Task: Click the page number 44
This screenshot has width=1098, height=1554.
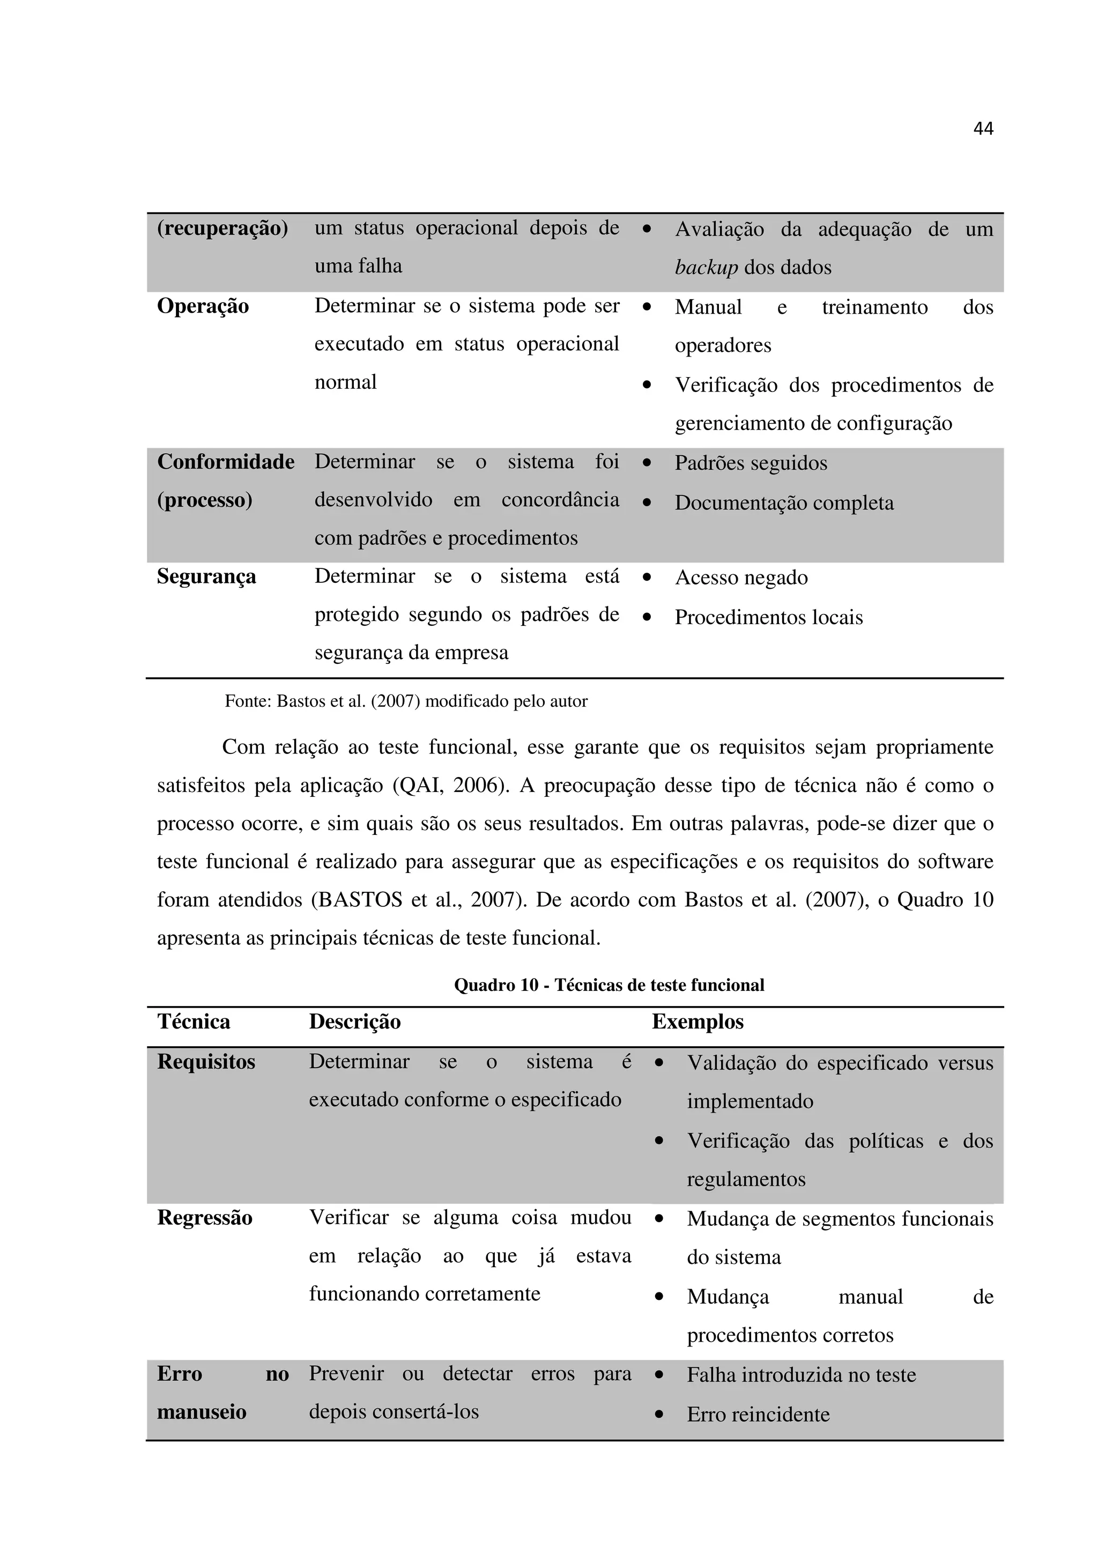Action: tap(982, 129)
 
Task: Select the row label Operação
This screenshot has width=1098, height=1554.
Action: tap(203, 306)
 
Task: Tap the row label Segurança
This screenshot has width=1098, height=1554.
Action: tap(206, 576)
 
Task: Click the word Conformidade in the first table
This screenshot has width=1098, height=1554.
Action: tap(225, 462)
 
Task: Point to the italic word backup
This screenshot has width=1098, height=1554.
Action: tap(706, 268)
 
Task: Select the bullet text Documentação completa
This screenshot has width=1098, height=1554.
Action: tap(783, 503)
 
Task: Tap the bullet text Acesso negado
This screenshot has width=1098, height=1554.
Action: tap(741, 578)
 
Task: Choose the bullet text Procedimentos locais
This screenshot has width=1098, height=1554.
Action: tap(768, 617)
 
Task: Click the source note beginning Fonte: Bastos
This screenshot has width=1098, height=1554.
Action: tap(406, 701)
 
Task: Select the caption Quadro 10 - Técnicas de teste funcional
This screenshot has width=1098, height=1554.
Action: tap(609, 985)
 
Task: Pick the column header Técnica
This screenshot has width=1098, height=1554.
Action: tap(194, 1022)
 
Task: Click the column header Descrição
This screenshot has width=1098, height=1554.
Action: tap(354, 1022)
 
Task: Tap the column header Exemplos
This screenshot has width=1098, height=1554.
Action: tap(698, 1022)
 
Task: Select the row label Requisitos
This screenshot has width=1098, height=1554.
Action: tap(206, 1061)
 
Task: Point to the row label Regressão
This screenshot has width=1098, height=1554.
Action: tap(204, 1218)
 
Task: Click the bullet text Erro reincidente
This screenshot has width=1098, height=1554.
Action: tap(758, 1415)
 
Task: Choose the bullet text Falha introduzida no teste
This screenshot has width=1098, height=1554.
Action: tap(801, 1375)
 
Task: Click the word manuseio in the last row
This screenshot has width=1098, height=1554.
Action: tap(202, 1412)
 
